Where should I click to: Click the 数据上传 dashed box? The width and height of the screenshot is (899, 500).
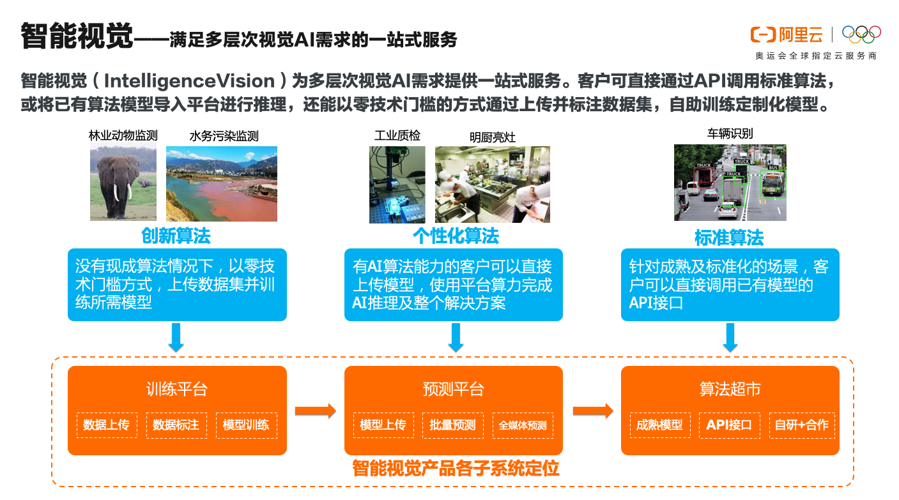(106, 425)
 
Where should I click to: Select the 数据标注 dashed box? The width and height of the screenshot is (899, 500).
(176, 425)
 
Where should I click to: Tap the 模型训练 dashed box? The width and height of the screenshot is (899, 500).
(246, 425)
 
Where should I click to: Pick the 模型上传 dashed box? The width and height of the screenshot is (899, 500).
(383, 425)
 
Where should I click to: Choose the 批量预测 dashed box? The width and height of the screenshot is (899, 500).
(453, 425)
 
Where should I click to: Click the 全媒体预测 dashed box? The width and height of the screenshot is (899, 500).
(523, 425)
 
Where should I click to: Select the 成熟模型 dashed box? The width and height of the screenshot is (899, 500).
(659, 425)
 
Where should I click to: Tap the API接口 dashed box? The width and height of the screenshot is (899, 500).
(730, 425)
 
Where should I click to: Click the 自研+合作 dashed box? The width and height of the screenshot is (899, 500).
(801, 425)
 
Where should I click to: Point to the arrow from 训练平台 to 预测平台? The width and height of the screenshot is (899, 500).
(315, 411)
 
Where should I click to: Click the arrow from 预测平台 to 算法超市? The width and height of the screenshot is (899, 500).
(592, 411)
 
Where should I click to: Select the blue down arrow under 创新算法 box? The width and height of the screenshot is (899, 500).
(176, 337)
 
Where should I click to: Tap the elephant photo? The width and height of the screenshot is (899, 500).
(123, 183)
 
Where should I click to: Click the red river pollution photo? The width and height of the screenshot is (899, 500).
(222, 184)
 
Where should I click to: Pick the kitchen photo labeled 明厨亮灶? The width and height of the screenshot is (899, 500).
(492, 184)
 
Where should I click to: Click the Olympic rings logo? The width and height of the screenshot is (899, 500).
(861, 33)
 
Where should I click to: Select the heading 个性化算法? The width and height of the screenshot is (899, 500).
(456, 236)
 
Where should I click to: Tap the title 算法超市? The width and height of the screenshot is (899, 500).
(730, 389)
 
